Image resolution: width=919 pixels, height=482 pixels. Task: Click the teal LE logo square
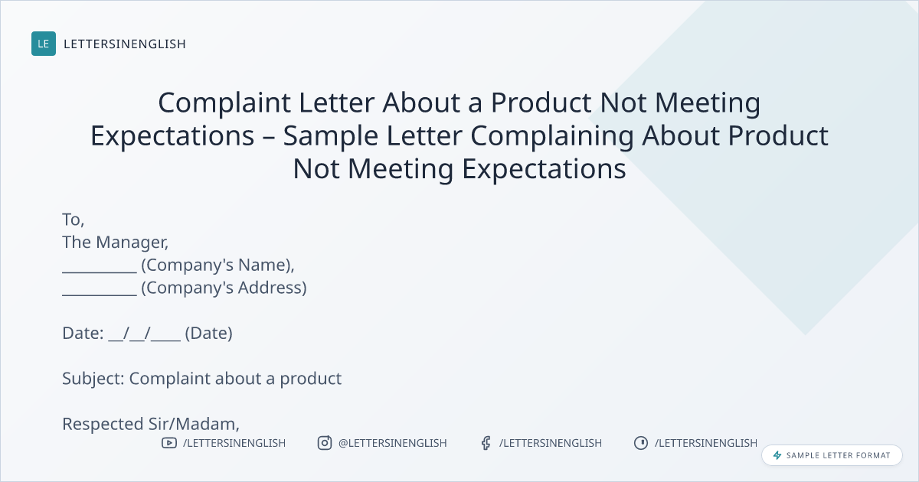[x=44, y=44]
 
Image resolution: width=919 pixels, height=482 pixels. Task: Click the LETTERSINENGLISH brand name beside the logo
[x=125, y=44]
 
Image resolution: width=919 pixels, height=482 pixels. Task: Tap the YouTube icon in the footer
[x=169, y=443]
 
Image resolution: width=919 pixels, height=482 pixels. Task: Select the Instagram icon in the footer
[x=325, y=443]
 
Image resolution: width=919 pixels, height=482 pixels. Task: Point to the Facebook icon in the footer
[x=486, y=443]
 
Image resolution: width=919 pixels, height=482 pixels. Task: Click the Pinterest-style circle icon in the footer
[x=641, y=443]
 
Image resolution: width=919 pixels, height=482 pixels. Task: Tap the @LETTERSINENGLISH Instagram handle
[x=393, y=443]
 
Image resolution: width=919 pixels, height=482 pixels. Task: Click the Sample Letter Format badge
[x=832, y=455]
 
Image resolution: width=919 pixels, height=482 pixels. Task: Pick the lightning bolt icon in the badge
[x=777, y=455]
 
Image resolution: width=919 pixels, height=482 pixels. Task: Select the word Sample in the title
[x=331, y=136]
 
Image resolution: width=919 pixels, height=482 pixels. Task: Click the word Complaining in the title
[x=552, y=136]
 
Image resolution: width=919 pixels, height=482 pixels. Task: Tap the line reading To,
[x=74, y=220]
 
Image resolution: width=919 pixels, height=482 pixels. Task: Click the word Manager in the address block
[x=132, y=243]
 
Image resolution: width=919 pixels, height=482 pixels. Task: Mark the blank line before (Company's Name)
[x=100, y=272]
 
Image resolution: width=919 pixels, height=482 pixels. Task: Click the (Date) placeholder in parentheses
[x=209, y=334]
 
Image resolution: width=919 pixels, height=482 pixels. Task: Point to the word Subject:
[x=93, y=379]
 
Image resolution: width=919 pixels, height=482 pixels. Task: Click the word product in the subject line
[x=311, y=379]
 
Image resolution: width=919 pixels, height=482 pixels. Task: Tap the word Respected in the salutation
[x=103, y=424]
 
